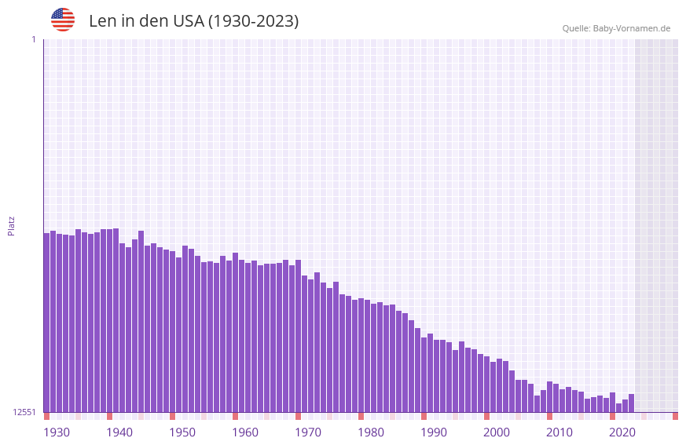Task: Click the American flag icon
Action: (63, 20)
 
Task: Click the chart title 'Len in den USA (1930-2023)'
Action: (193, 21)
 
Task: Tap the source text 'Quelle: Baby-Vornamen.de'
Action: (616, 29)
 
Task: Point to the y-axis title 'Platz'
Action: (11, 225)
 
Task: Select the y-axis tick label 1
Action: (33, 39)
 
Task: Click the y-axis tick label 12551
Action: (24, 412)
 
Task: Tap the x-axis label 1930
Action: (57, 432)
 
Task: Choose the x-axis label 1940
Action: (119, 432)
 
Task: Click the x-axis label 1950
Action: (182, 432)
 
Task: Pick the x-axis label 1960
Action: (245, 432)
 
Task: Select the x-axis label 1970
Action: (308, 432)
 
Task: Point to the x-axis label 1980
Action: (371, 432)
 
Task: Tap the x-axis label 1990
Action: (434, 432)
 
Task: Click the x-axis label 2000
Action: (497, 432)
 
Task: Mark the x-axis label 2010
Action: (559, 432)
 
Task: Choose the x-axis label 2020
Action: (622, 432)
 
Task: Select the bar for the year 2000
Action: (487, 385)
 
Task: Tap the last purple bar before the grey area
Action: (631, 403)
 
